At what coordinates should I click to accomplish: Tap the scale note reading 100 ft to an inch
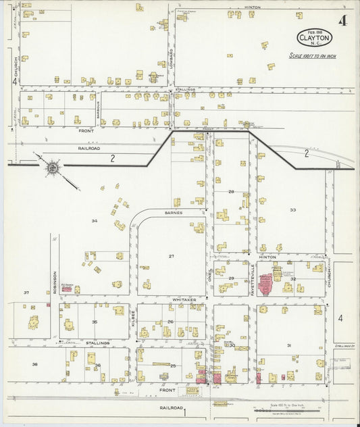(312, 56)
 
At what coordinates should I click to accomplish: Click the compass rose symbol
(51, 167)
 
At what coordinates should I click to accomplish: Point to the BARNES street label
(172, 212)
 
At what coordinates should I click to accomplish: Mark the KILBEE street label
(134, 315)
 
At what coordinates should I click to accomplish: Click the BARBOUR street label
(98, 110)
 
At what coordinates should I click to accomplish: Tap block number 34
(95, 221)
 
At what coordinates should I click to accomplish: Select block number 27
(172, 256)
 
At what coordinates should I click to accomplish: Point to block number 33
(292, 210)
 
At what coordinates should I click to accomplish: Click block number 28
(230, 192)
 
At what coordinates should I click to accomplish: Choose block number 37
(26, 293)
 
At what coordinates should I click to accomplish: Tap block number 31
(288, 345)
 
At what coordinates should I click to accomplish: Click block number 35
(95, 322)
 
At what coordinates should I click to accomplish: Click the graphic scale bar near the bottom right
(284, 409)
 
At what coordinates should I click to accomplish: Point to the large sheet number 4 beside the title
(342, 20)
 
